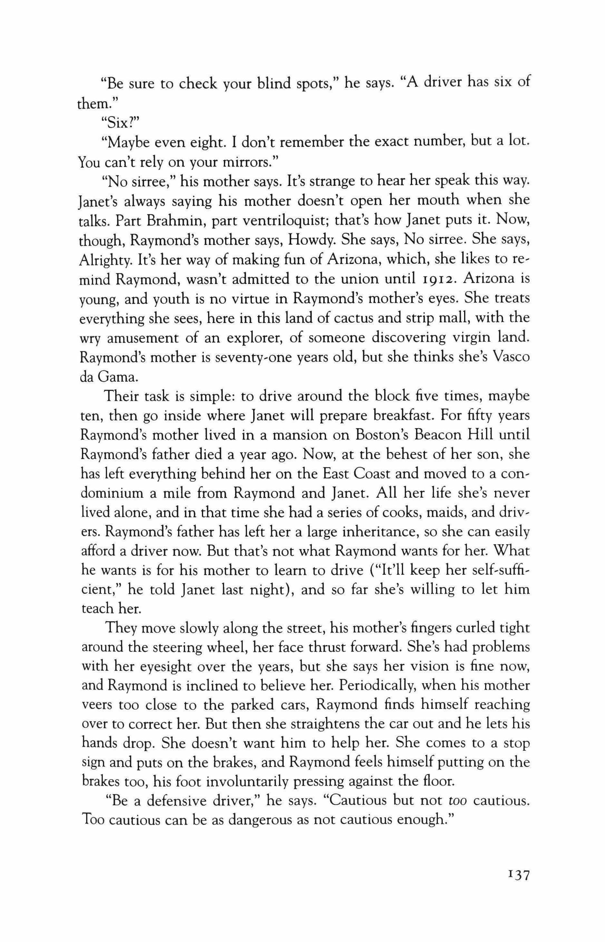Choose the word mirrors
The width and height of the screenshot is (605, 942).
(x=220, y=162)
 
